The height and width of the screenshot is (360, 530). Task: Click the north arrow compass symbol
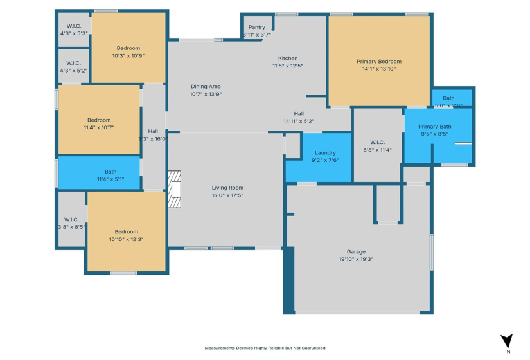[507, 341]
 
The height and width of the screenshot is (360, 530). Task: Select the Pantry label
[256, 28]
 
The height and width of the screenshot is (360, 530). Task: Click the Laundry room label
[324, 153]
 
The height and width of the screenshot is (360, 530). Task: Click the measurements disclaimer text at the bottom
[265, 348]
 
